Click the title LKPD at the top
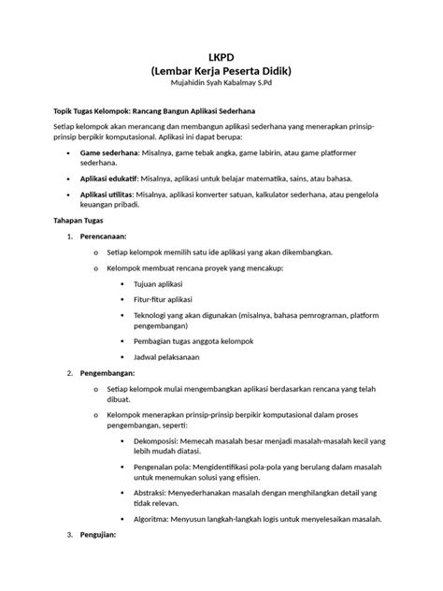(221, 57)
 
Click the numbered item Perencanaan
(107, 236)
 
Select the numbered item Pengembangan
(110, 373)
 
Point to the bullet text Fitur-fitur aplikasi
(164, 300)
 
